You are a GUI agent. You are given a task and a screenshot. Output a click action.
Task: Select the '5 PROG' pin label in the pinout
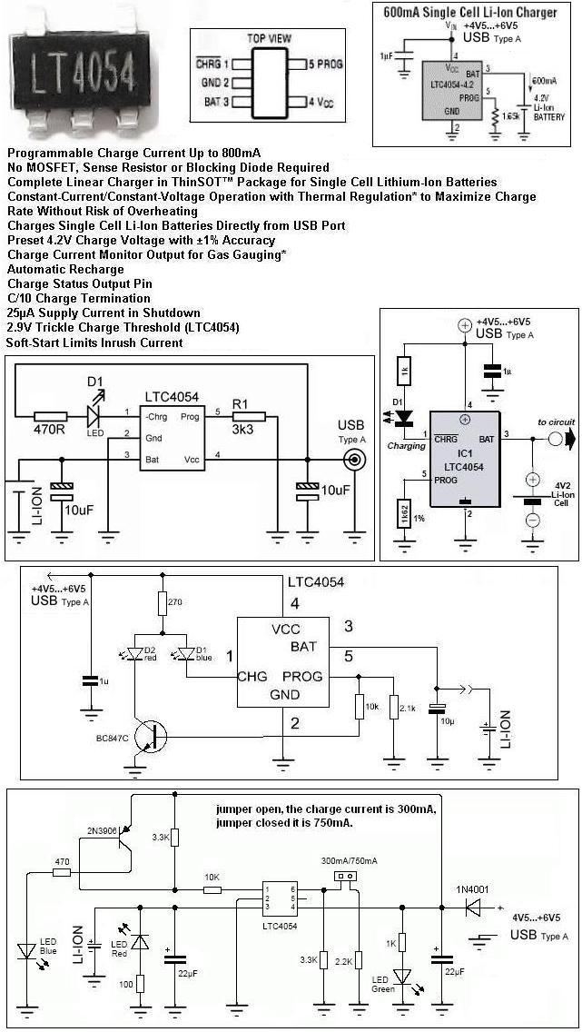324,64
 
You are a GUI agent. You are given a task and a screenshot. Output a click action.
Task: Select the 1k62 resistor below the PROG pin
400,513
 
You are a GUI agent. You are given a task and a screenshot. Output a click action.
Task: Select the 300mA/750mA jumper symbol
343,878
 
